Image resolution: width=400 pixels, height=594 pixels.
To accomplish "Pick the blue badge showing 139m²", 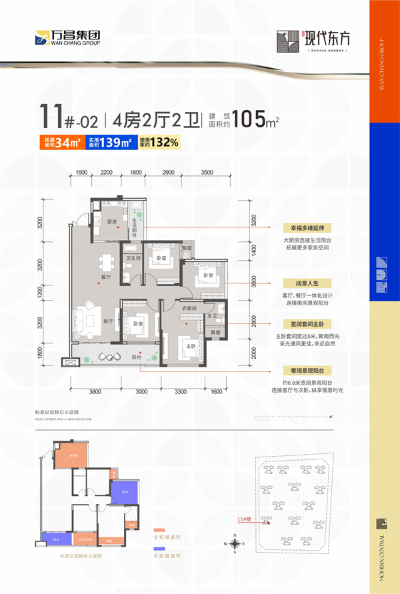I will (109, 141).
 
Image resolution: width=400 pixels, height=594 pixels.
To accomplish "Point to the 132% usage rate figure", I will (158, 141).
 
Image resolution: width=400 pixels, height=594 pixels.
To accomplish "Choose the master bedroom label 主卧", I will (190, 346).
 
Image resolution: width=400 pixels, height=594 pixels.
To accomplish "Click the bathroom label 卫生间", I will (130, 257).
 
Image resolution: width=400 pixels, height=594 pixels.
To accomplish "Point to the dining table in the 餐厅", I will (105, 260).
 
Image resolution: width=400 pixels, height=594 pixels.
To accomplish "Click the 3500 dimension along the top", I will (207, 173).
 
